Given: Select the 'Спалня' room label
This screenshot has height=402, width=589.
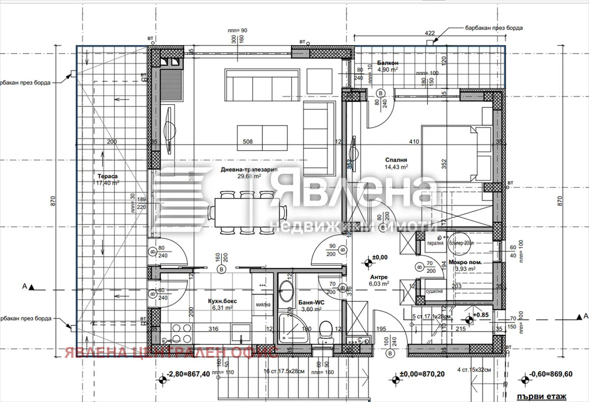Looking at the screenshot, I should click(x=396, y=160).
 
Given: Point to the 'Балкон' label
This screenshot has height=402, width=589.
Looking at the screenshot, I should click(x=387, y=63).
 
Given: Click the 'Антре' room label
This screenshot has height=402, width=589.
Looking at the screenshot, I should click(x=378, y=276).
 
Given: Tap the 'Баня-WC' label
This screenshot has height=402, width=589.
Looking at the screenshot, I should click(x=309, y=302).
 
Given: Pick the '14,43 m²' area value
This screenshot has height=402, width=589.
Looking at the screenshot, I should click(x=396, y=167).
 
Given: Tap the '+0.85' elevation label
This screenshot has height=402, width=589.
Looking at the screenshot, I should click(x=482, y=315).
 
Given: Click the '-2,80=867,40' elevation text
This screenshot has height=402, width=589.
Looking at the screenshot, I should click(x=188, y=374).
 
